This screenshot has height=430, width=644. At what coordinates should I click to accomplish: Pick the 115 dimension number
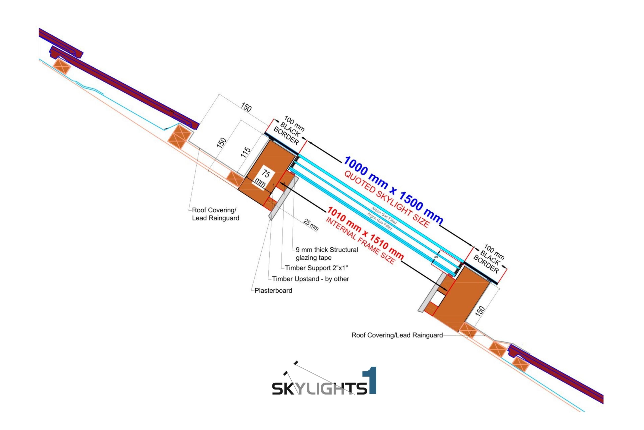click(245, 152)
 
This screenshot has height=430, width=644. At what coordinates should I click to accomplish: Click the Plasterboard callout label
click(273, 290)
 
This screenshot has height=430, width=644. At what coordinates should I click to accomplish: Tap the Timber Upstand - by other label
click(310, 279)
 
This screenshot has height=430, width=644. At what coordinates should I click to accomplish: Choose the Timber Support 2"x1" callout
click(316, 268)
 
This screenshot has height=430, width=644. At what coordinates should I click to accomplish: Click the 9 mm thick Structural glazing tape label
click(327, 254)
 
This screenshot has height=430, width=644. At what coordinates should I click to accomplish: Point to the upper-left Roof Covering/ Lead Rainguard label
click(215, 214)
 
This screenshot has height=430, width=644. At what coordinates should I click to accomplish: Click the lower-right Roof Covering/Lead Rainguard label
click(397, 335)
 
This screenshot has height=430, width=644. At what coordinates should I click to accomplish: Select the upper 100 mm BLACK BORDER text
click(289, 131)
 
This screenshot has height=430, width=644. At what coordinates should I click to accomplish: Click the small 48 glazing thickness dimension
click(436, 257)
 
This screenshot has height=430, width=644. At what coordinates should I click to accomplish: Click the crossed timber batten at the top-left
click(61, 66)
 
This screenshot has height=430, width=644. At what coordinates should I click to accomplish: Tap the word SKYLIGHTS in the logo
click(319, 388)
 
